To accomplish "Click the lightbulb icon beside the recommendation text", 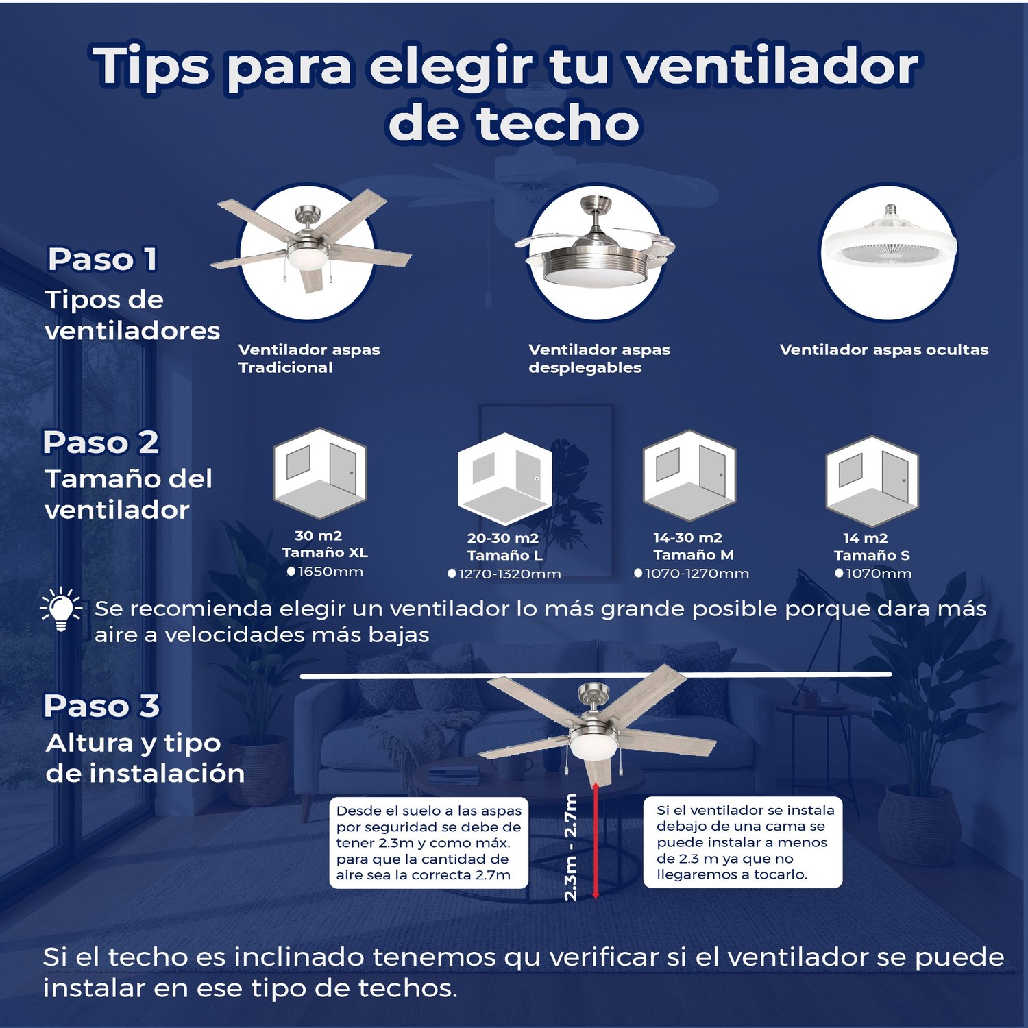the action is (61, 608).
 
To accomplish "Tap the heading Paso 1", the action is (103, 259).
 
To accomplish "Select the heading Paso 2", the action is (101, 442).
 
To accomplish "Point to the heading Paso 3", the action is (101, 705).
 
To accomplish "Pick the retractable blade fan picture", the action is (595, 250).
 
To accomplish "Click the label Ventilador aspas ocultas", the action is (884, 350).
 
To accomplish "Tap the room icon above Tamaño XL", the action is (319, 473).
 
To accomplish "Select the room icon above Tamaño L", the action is (505, 479).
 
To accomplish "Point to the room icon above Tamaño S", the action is (872, 480).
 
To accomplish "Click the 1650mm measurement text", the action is (326, 572).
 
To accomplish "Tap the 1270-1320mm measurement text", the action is (504, 574).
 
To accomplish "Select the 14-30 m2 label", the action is (687, 538).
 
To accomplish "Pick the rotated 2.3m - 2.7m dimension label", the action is (571, 847).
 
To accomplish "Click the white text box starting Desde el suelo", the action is (429, 843).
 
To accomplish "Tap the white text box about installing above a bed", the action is (743, 842).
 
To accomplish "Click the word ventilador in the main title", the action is (772, 66).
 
